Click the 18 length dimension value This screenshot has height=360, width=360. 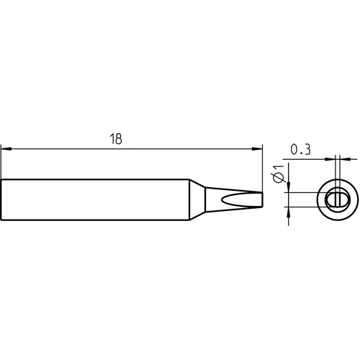[x=116, y=139]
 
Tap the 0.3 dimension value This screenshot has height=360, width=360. [x=300, y=149]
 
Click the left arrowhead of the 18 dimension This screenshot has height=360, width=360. [x=6, y=149]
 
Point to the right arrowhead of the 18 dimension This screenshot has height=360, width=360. [x=257, y=149]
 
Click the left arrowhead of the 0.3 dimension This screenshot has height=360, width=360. [x=330, y=159]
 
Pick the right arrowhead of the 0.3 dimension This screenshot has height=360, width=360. [x=345, y=159]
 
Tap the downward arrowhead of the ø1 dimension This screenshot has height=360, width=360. [x=289, y=187]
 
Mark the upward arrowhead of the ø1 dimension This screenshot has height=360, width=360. [x=289, y=212]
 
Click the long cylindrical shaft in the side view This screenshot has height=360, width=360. [x=95, y=199]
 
